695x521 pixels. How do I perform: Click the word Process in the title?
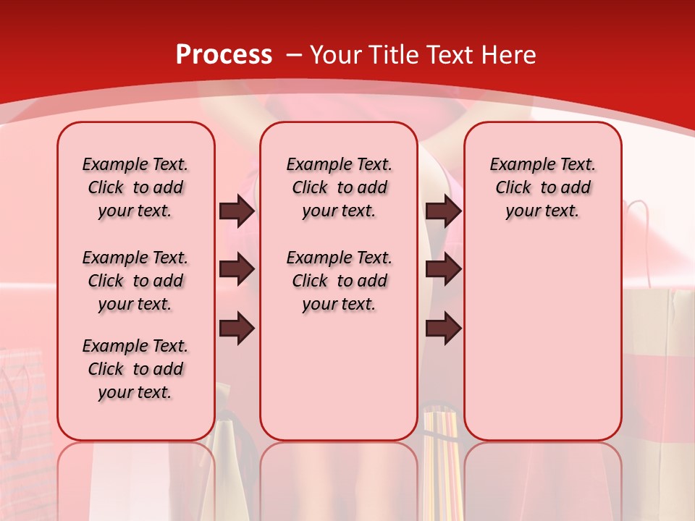pos(224,55)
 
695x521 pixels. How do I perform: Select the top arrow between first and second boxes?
pos(237,211)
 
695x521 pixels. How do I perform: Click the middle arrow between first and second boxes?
pos(237,270)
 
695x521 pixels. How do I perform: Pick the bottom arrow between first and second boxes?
pos(237,329)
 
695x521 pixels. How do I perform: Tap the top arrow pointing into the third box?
pos(443,211)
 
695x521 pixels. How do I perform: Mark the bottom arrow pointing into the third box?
pos(443,329)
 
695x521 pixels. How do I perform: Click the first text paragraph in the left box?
pos(135,187)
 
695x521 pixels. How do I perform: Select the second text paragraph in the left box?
pos(135,281)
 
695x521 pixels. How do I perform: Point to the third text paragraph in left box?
pos(135,369)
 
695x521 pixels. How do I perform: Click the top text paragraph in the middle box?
pos(339,187)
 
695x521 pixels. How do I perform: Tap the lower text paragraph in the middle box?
pos(339,281)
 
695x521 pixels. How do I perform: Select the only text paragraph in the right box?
pos(542,187)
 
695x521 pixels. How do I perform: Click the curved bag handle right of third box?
pos(641,232)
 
